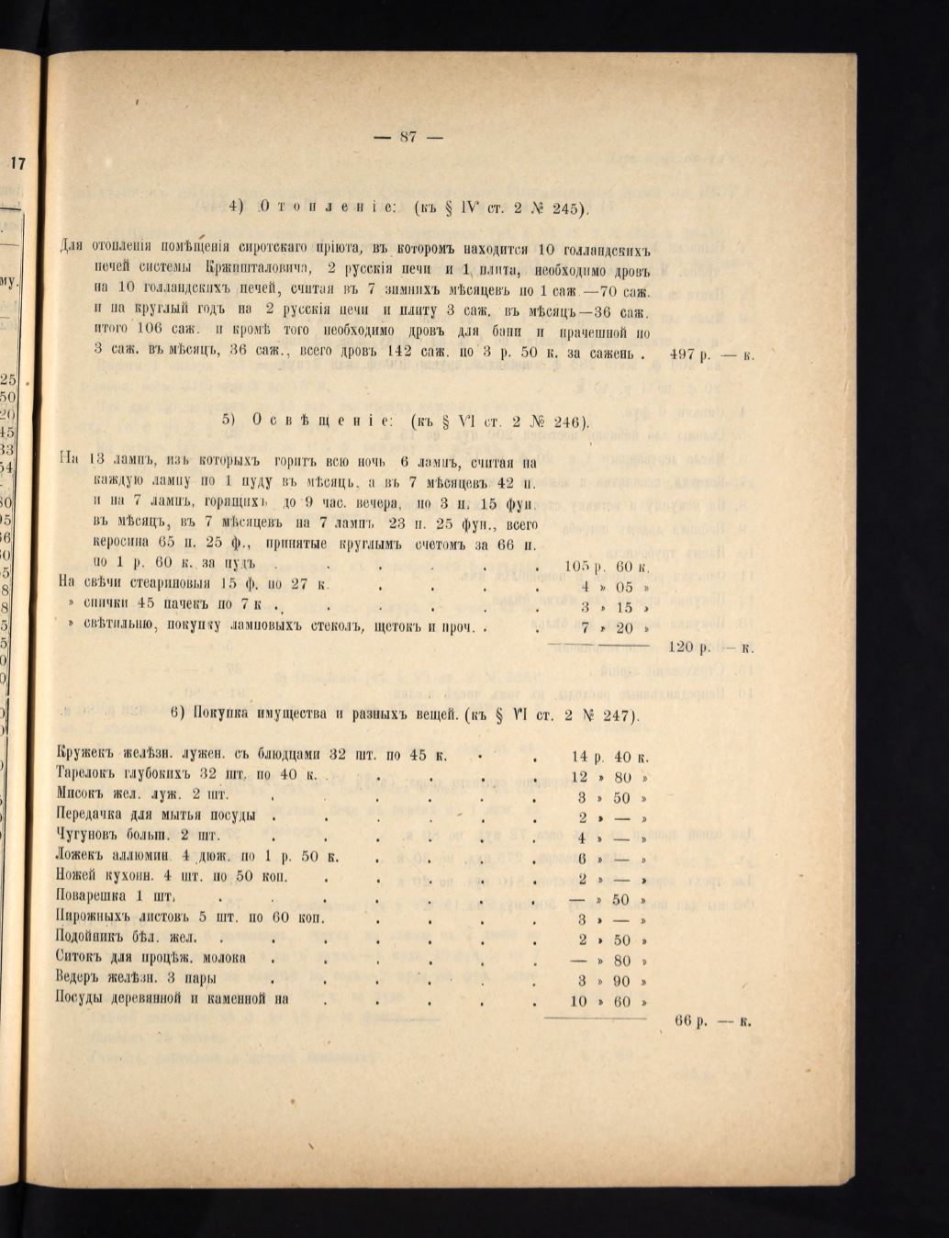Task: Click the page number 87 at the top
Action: pyautogui.click(x=408, y=138)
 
